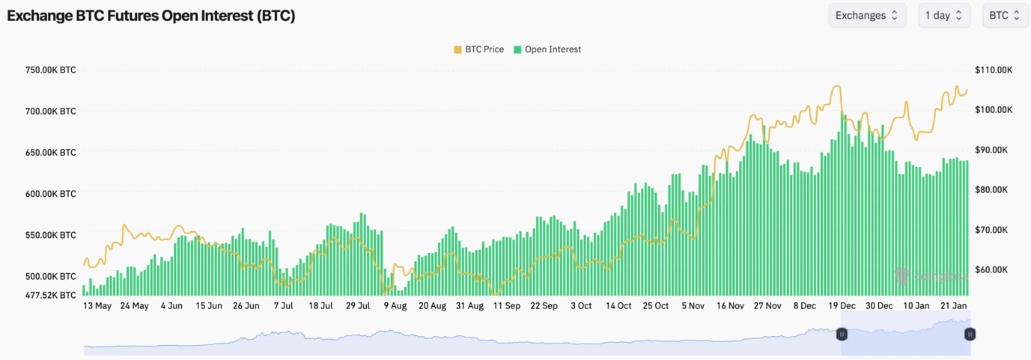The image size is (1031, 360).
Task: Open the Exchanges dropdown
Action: click(867, 15)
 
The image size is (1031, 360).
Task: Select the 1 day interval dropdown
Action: click(944, 15)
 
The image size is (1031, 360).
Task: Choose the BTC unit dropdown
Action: click(1005, 15)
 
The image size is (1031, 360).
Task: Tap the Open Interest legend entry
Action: click(547, 49)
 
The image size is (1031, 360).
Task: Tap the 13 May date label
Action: click(97, 306)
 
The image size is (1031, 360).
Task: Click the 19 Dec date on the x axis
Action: click(842, 306)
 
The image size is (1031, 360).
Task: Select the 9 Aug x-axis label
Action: click(395, 306)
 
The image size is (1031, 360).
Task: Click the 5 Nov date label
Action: click(693, 306)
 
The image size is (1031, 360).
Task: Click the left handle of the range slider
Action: click(842, 334)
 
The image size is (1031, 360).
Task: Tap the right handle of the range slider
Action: click(970, 334)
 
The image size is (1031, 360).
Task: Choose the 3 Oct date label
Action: click(581, 306)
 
